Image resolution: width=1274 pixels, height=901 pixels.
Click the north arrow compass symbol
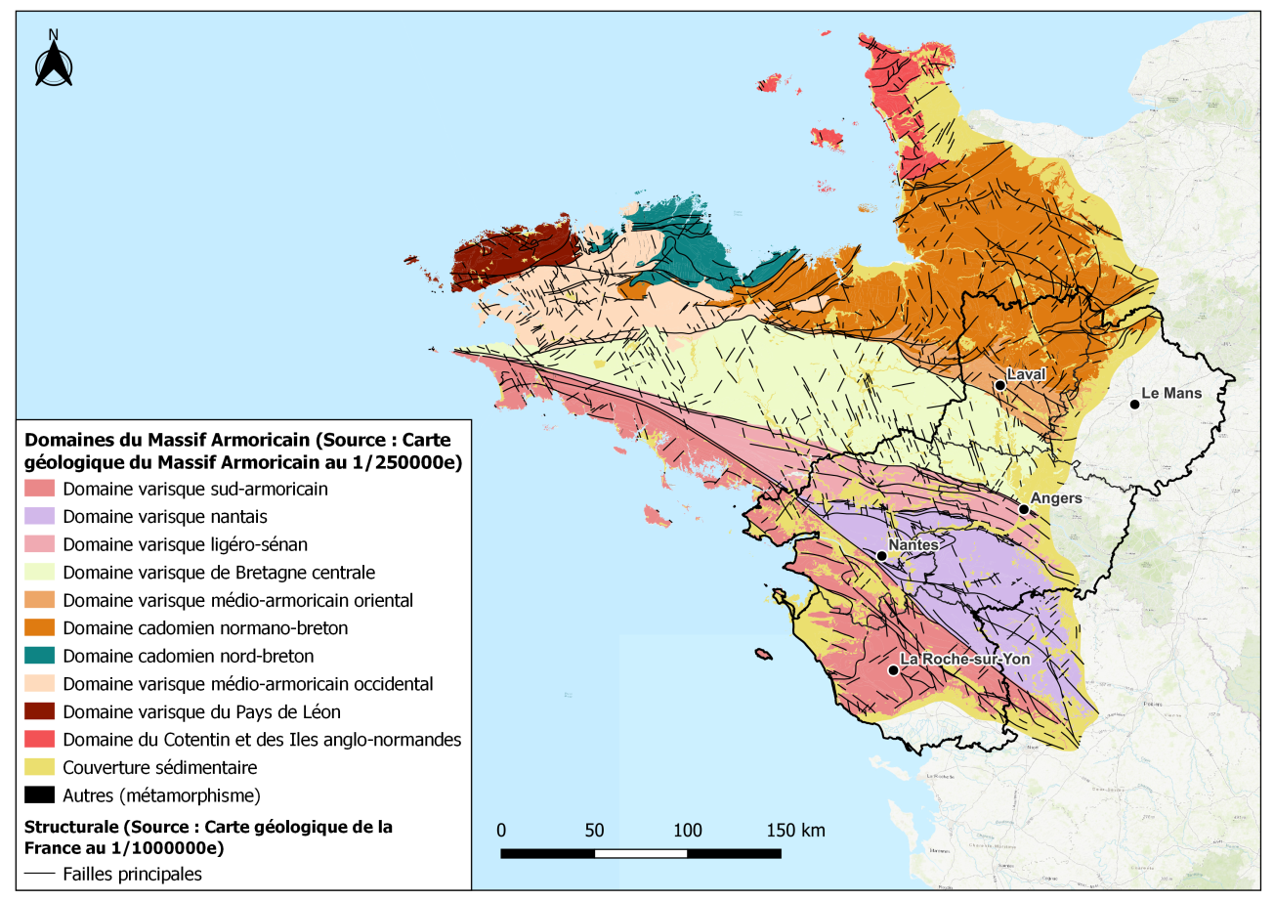pyautogui.click(x=54, y=64)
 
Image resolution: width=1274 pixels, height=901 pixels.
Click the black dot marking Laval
pyautogui.click(x=1000, y=386)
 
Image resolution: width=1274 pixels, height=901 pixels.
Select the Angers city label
pyautogui.click(x=1056, y=498)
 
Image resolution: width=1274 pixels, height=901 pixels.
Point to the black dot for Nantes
pyautogui.click(x=881, y=556)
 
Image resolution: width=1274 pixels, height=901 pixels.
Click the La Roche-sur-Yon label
pyautogui.click(x=964, y=659)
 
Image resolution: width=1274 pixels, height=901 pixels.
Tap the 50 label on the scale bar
pyautogui.click(x=594, y=831)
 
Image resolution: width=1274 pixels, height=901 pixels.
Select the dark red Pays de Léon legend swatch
pyautogui.click(x=40, y=711)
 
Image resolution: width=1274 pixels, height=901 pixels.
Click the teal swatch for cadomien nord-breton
pyautogui.click(x=40, y=656)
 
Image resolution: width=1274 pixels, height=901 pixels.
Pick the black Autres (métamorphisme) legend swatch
pyautogui.click(x=40, y=794)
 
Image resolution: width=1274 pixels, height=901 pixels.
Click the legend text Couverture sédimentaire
pyautogui.click(x=158, y=767)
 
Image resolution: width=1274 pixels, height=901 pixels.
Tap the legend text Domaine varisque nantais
pyautogui.click(x=163, y=516)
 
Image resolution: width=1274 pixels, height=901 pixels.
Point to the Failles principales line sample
pyautogui.click(x=40, y=874)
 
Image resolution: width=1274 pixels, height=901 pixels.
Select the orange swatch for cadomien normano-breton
pyautogui.click(x=40, y=627)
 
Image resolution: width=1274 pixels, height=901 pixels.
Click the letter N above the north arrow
pyautogui.click(x=54, y=34)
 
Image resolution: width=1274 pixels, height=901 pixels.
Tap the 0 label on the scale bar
pyautogui.click(x=501, y=831)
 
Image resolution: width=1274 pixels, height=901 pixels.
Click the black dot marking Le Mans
pyautogui.click(x=1134, y=404)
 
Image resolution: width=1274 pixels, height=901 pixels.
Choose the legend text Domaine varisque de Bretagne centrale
pyautogui.click(x=218, y=572)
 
